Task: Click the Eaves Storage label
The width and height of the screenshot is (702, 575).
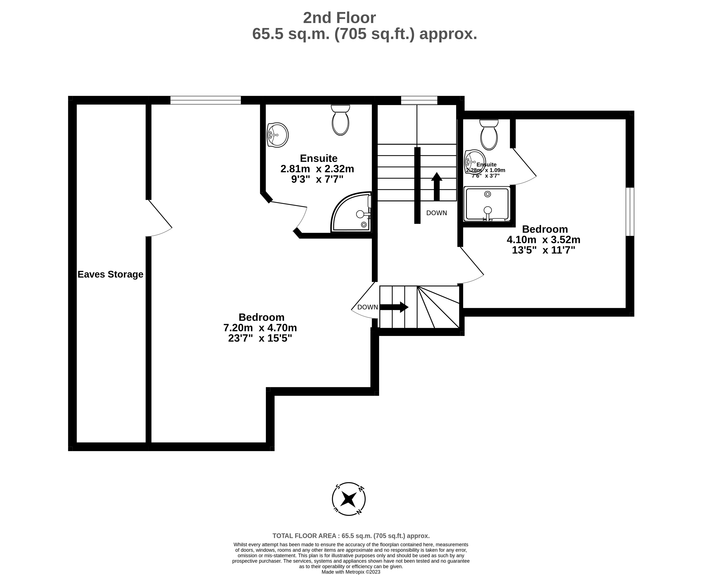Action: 110,274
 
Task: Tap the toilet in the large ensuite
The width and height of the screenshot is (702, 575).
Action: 340,120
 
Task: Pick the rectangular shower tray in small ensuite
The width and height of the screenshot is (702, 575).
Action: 487,204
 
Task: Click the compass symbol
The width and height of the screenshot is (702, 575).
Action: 349,499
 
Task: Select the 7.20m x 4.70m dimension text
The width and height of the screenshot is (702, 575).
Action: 260,328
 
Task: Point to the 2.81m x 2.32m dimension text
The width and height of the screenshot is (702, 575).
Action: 317,169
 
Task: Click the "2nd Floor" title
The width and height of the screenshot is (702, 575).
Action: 339,18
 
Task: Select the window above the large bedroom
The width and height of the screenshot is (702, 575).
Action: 206,100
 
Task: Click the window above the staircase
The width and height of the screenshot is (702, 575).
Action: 419,100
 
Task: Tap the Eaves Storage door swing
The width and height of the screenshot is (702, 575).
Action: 159,219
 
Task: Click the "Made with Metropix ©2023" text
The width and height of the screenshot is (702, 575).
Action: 351,572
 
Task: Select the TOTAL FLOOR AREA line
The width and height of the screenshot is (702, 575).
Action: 351,536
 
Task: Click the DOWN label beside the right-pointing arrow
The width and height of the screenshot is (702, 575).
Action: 368,307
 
